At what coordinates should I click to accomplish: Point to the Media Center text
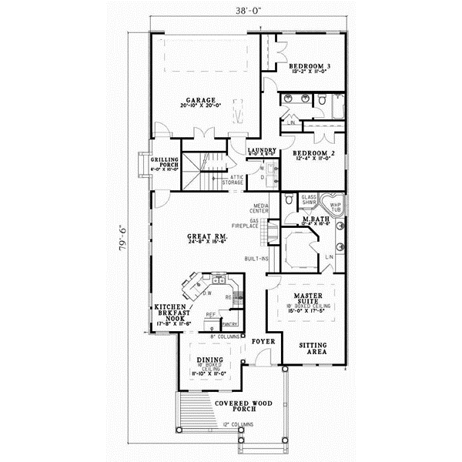click(259, 209)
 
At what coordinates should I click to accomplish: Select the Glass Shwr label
click(309, 200)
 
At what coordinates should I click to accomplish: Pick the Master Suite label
click(313, 297)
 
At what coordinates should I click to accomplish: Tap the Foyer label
click(262, 339)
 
